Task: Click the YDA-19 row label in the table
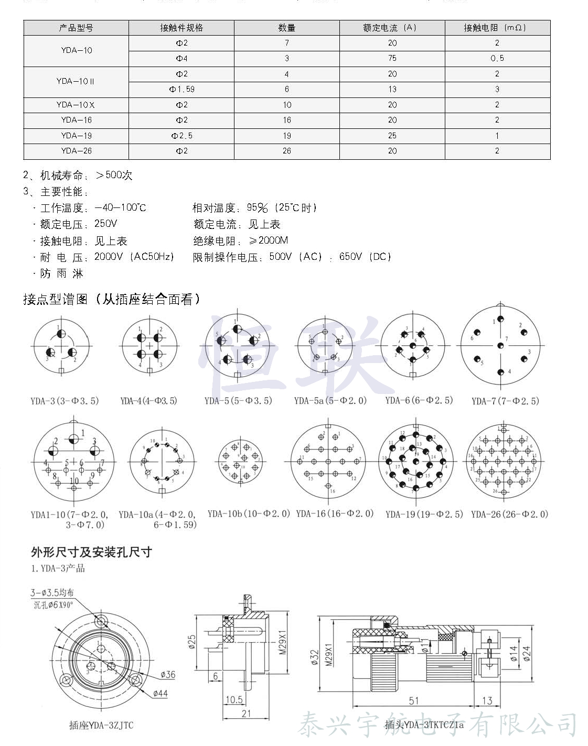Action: tap(76, 136)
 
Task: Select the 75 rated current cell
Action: tap(392, 58)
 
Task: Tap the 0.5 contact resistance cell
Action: tap(497, 58)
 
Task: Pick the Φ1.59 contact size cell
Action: tap(181, 89)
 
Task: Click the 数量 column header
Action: tap(286, 28)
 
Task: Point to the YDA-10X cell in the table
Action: tap(76, 105)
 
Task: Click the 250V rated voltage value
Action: tap(105, 224)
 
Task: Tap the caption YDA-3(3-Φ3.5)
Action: tap(65, 401)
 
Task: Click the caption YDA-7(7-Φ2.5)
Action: tap(505, 401)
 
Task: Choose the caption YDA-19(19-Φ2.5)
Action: tap(424, 514)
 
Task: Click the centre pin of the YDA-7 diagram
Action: tap(500, 345)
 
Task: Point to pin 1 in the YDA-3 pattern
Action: tap(61, 333)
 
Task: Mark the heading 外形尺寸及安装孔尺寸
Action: tap(91, 552)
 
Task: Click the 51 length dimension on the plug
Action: tap(414, 700)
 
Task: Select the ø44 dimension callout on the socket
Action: tap(160, 693)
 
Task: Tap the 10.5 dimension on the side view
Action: tap(234, 699)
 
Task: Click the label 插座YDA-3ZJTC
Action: tap(101, 726)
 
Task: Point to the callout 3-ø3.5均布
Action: tap(52, 593)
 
